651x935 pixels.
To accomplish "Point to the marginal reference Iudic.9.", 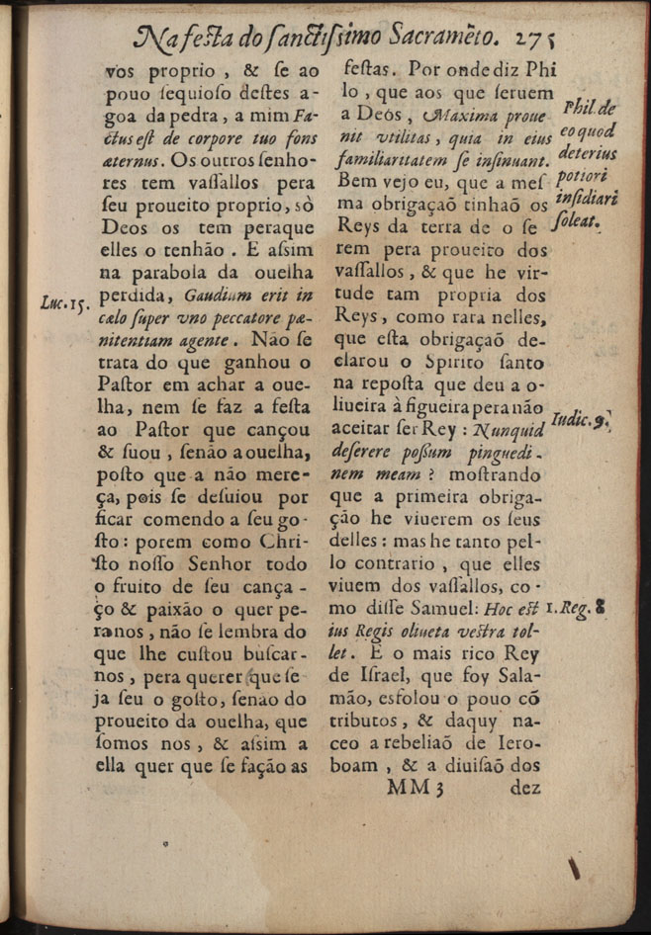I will (x=579, y=420).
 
